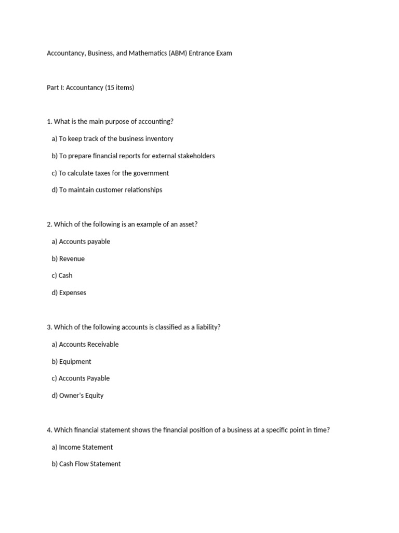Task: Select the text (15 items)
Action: coord(119,87)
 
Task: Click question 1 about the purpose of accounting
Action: coord(110,121)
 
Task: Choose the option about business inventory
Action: coord(112,138)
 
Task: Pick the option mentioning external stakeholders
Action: coord(133,156)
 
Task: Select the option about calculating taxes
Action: coord(110,173)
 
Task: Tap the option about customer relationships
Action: coord(107,189)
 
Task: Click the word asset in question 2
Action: coord(185,224)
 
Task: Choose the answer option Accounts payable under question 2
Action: coord(81,242)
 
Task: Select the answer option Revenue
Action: coord(68,259)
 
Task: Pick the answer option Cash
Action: coord(62,275)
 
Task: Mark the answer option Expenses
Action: coord(69,293)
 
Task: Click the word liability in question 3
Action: coord(207,327)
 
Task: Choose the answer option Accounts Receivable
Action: coord(85,344)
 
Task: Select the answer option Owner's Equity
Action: coord(77,395)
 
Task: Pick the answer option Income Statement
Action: coord(82,447)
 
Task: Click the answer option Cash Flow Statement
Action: coord(86,464)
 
